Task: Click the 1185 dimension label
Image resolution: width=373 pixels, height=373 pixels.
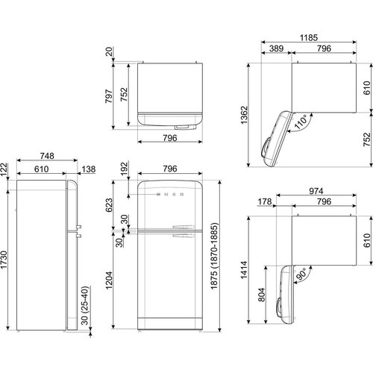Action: pos(309,38)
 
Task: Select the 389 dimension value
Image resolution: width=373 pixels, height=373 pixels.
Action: pos(276,48)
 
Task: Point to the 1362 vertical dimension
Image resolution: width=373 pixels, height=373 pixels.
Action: pos(244,115)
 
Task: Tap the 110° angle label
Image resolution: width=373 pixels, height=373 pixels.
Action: pos(301,122)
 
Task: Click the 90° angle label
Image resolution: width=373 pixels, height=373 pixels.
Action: pos(301,275)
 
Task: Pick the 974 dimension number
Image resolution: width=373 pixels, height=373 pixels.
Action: pos(316,191)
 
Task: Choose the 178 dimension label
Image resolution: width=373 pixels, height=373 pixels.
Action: pos(265,201)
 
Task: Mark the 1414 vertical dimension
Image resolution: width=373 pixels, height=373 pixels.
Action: pos(244,270)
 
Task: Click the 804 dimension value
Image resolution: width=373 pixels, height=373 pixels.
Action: pos(262,295)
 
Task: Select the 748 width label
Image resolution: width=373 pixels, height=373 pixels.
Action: pos(47,156)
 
